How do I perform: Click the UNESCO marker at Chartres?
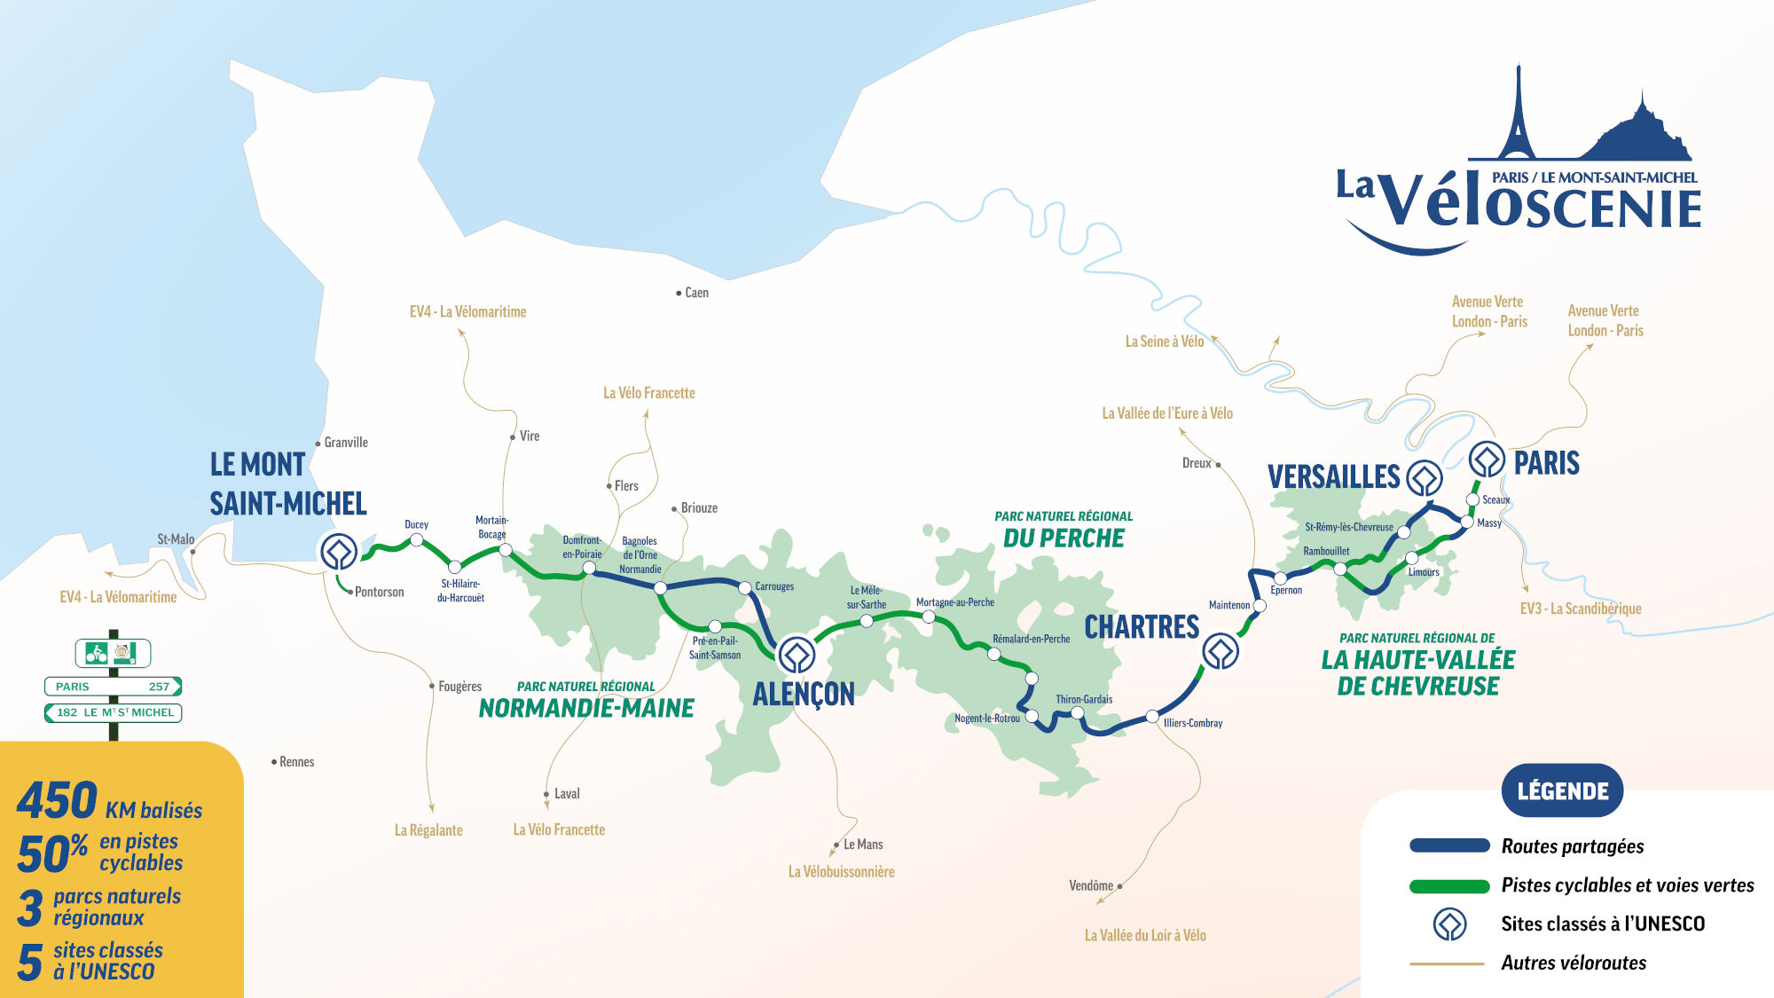coord(1221,652)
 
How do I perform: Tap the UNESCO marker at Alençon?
coord(796,656)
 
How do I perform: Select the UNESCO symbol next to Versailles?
coord(1424,478)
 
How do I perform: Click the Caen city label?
coord(696,293)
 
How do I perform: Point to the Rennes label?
coord(296,762)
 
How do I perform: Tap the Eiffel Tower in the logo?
coord(1518,115)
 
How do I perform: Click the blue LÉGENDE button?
coord(1562,790)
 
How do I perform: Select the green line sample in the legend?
coord(1449,885)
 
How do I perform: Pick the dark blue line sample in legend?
coord(1449,846)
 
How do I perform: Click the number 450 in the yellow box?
coord(58,801)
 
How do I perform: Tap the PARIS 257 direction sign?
coord(113,687)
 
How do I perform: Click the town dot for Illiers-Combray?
coord(1151,716)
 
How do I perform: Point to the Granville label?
coord(345,443)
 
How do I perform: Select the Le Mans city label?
coord(862,845)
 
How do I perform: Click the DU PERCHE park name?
coord(1064,538)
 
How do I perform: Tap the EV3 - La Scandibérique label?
coord(1580,609)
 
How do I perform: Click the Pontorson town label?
coord(379,593)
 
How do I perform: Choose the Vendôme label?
coord(1091,885)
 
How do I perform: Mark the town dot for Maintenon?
coord(1260,606)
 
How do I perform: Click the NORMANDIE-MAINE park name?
coord(586,708)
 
